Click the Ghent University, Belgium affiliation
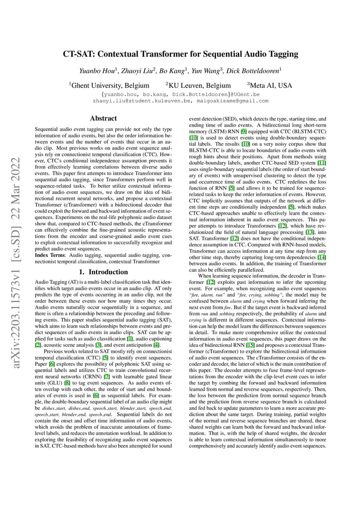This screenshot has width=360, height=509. [x=110, y=85]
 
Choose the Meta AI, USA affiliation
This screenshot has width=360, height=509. [x=270, y=85]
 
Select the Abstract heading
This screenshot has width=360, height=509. [x=103, y=118]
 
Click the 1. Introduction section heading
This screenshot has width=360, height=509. [x=103, y=272]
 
